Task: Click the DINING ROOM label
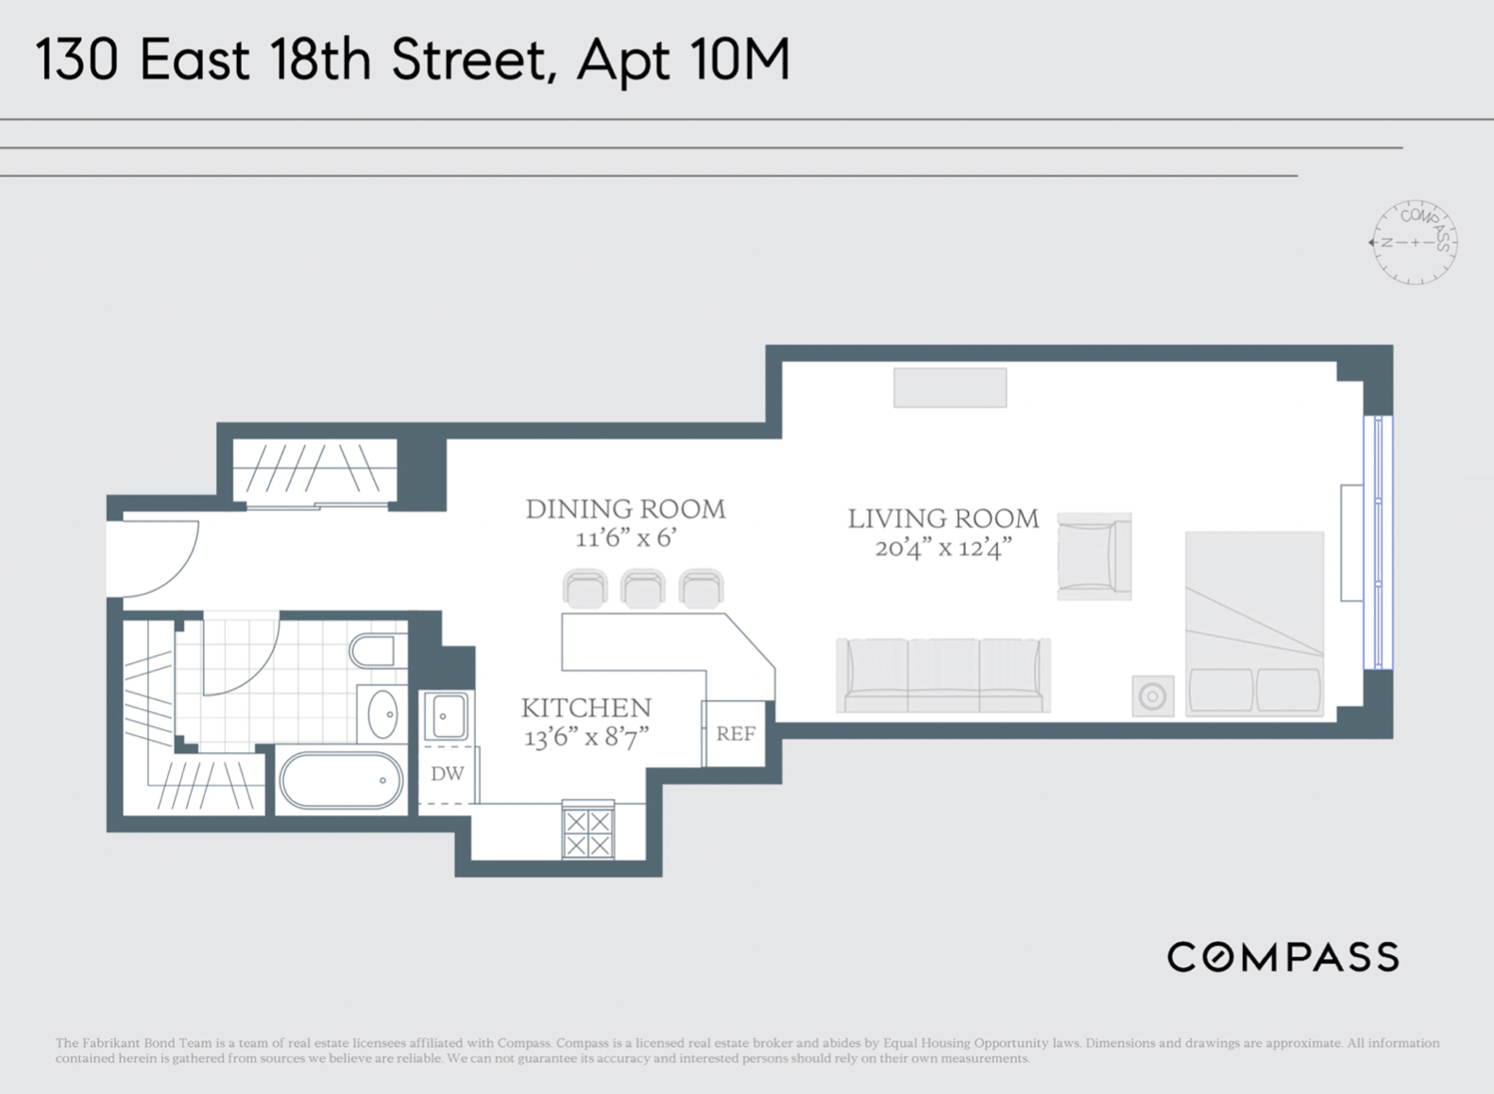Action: (x=625, y=509)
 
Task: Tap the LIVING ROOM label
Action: (x=943, y=519)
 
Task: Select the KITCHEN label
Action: (x=586, y=708)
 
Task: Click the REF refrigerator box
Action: (x=735, y=734)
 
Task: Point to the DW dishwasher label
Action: (x=447, y=774)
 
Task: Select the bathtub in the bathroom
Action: (x=341, y=780)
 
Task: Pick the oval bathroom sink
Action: (x=382, y=714)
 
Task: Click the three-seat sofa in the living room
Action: (x=943, y=675)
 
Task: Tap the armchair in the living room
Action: (x=1095, y=556)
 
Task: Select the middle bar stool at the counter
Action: (x=642, y=588)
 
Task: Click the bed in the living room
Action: (x=1254, y=624)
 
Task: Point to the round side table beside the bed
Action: (x=1153, y=696)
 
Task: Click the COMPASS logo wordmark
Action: (x=1282, y=958)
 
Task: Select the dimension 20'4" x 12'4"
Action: (x=943, y=548)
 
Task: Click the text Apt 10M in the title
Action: (x=684, y=60)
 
